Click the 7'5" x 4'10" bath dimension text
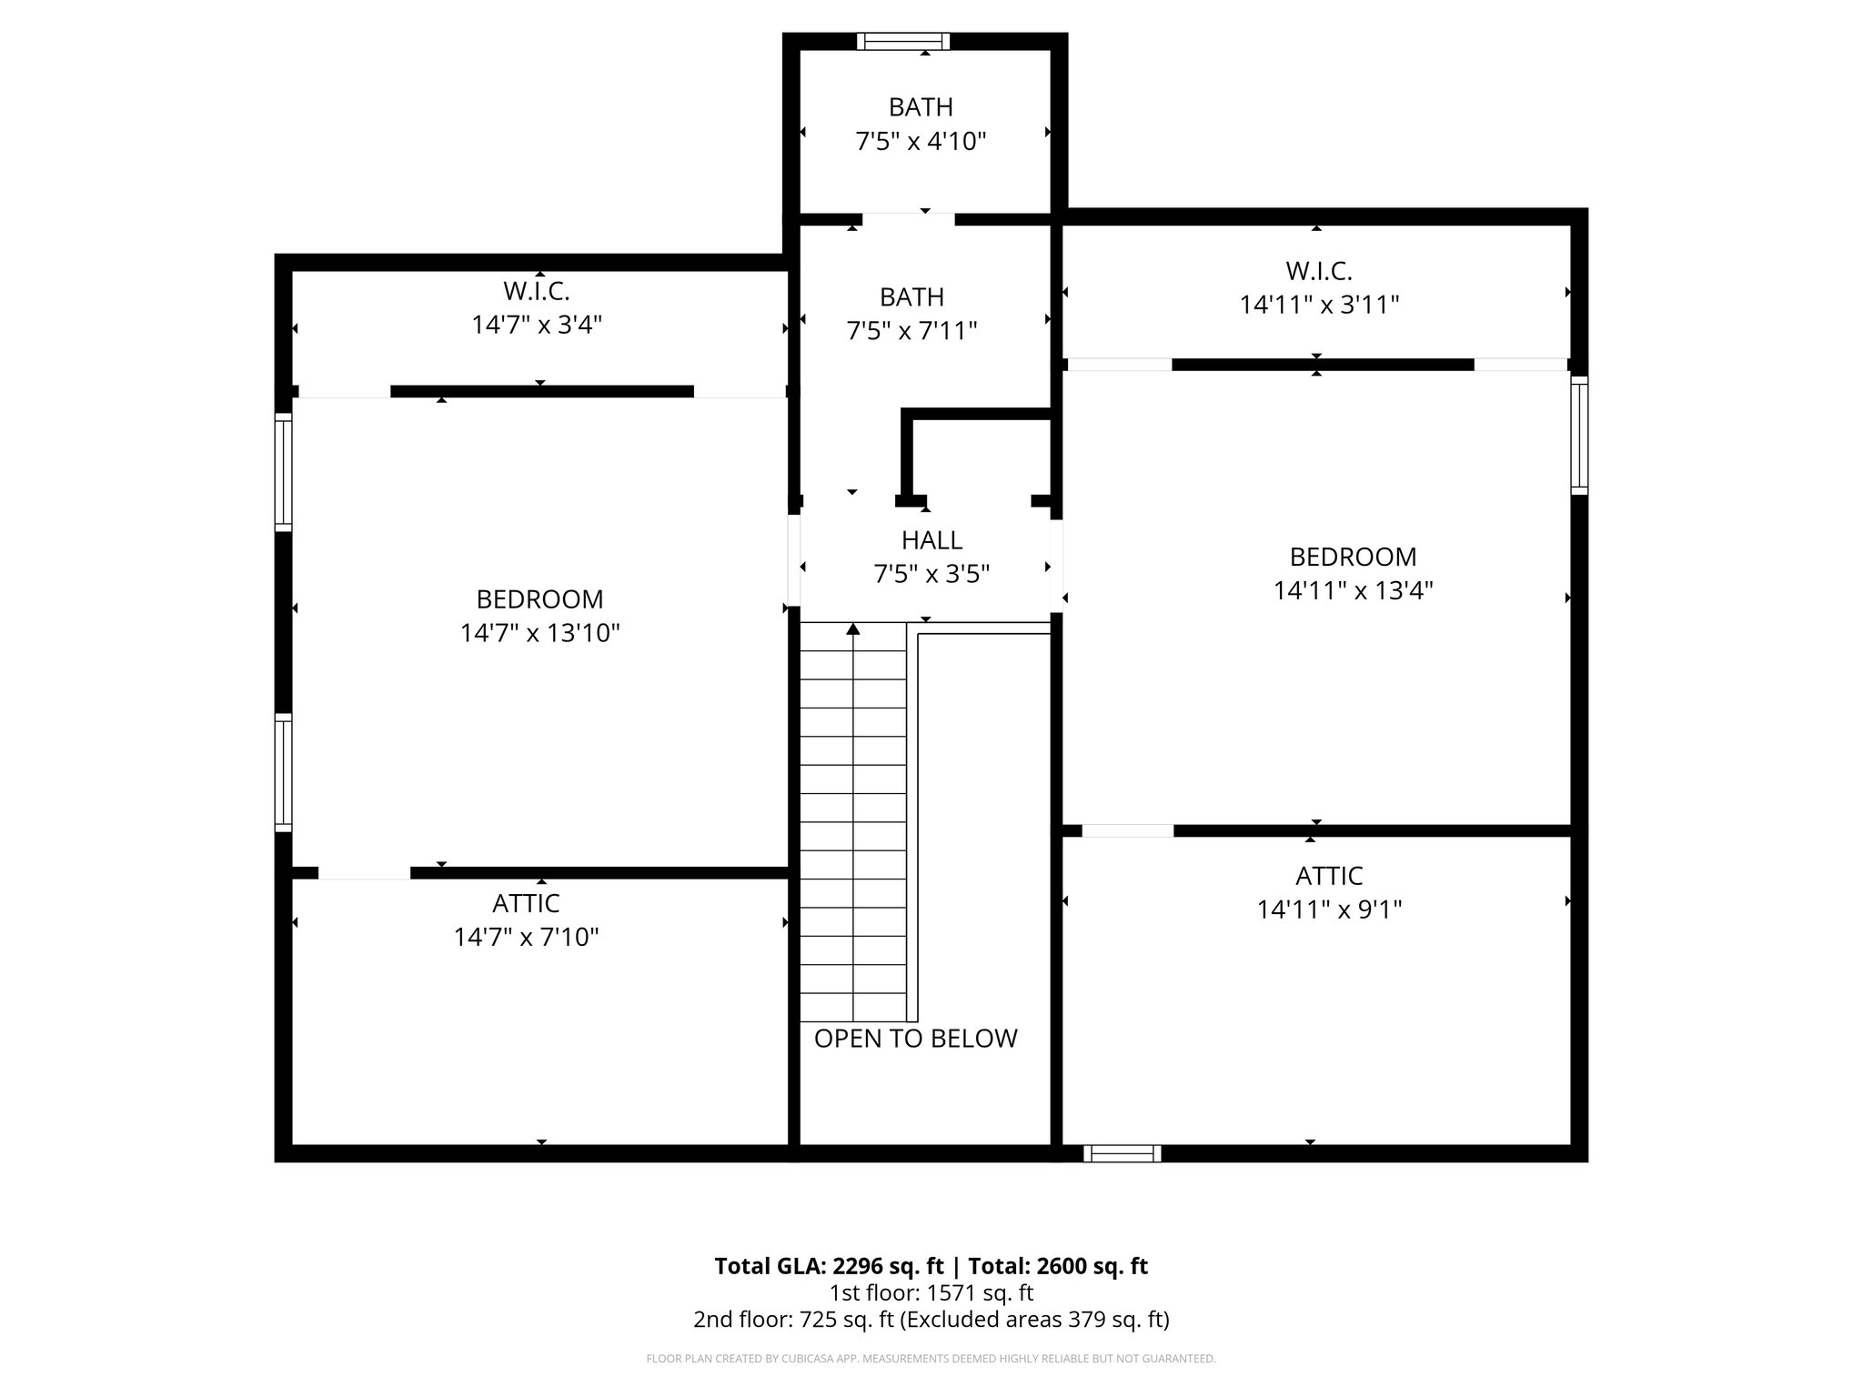tap(921, 142)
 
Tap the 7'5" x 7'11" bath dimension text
tap(911, 331)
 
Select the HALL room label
tap(931, 540)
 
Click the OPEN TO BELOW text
tap(915, 1039)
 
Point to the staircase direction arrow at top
tap(853, 628)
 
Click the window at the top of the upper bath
tap(902, 41)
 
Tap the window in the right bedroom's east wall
tap(1579, 436)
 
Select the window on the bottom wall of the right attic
tap(1122, 1153)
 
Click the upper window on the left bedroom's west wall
tap(284, 472)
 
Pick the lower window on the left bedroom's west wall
tap(284, 773)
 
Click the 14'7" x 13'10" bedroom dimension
tap(539, 633)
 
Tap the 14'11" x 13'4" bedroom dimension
tap(1353, 591)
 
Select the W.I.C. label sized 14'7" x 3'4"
tap(536, 292)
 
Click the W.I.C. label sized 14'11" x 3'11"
tap(1318, 271)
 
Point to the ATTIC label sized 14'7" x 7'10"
tap(526, 903)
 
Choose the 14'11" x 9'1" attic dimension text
tap(1329, 910)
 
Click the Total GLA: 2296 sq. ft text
tap(829, 1266)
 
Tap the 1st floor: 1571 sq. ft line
tap(931, 1292)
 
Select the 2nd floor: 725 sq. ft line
tap(931, 1319)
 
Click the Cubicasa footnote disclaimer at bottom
tap(931, 1359)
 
